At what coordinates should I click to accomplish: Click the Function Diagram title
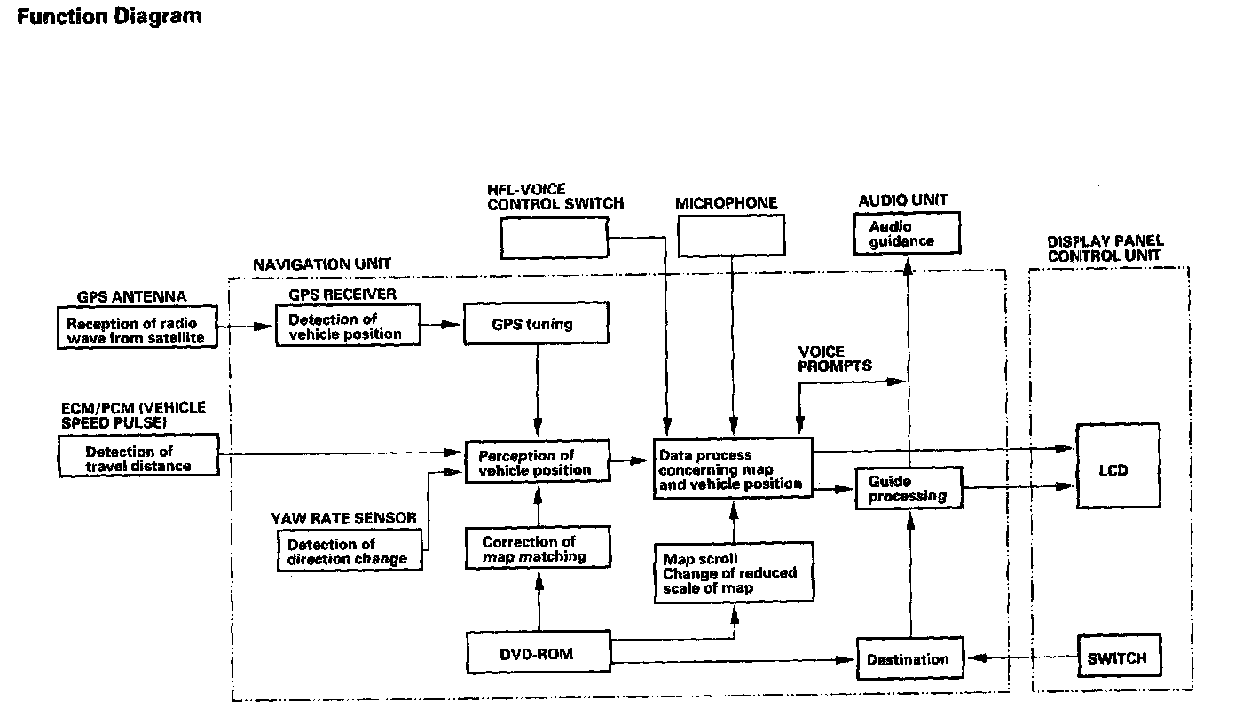point(108,16)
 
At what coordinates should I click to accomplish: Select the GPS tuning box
point(536,324)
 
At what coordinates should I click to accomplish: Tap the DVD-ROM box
point(538,654)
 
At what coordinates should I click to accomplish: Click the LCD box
point(1118,467)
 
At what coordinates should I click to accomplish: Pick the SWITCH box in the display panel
point(1118,657)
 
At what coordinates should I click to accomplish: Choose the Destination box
point(908,658)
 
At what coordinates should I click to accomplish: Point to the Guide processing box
point(908,489)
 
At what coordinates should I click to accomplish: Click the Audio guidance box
point(906,234)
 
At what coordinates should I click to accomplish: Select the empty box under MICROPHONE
point(731,237)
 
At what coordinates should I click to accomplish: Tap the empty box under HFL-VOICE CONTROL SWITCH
point(554,237)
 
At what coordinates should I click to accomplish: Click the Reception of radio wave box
point(137,330)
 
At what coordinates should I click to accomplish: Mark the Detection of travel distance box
point(137,458)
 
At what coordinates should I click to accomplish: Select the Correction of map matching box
point(538,548)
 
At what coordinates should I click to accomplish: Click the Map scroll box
point(732,573)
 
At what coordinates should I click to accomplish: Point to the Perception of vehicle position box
point(538,462)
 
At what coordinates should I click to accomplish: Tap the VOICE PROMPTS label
point(834,358)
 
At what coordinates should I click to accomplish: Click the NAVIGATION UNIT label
point(321,264)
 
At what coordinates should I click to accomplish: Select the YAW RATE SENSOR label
point(344,517)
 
